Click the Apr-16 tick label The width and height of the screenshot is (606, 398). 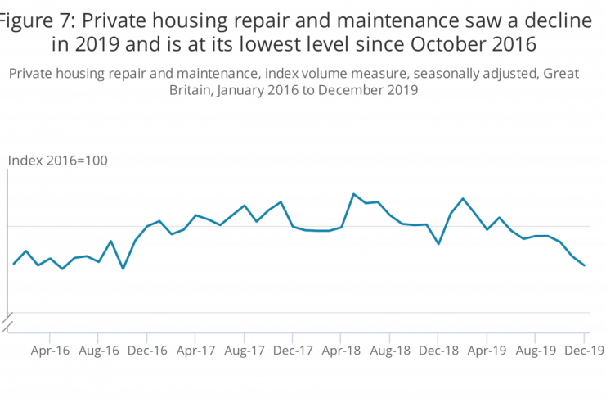(x=50, y=350)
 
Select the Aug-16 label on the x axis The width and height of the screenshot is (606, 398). (x=98, y=350)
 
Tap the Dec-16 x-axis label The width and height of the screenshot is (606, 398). (x=147, y=350)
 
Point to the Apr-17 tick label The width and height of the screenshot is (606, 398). (x=195, y=350)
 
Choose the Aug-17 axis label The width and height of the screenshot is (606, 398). (x=245, y=350)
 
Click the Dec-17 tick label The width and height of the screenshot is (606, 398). (x=293, y=350)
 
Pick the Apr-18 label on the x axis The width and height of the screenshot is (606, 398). (x=341, y=350)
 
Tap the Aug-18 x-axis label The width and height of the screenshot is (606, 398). (x=390, y=350)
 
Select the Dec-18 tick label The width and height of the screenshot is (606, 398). (x=438, y=350)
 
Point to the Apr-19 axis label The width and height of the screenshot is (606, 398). (x=487, y=350)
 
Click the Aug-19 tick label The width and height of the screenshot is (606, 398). (x=536, y=350)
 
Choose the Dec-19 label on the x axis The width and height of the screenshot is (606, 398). (x=584, y=350)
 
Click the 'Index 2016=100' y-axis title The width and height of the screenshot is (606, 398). (x=57, y=160)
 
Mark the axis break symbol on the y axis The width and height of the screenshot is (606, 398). (x=8, y=323)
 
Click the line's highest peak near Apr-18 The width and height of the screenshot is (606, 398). (x=353, y=194)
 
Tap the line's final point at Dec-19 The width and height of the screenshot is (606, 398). (x=584, y=265)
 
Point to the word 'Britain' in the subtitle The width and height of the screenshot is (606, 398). (x=192, y=92)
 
